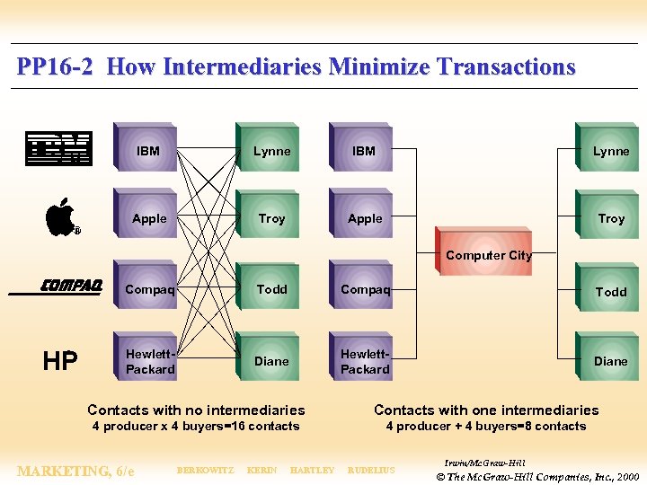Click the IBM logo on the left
[x=58, y=149]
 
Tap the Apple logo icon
[x=60, y=216]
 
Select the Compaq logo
[x=71, y=287]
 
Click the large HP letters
[x=60, y=361]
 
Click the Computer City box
[x=489, y=255]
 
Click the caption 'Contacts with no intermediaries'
[x=196, y=410]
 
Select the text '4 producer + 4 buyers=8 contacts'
[x=485, y=427]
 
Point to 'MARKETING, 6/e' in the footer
[x=76, y=471]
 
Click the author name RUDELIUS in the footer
[x=370, y=471]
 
